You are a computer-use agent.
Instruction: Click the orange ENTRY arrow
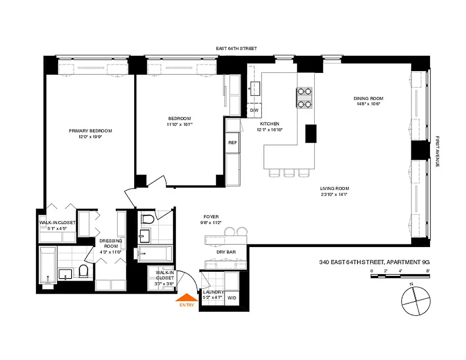pos(186,297)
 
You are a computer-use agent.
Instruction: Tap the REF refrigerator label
pos(232,143)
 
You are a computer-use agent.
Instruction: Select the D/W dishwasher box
pos(254,110)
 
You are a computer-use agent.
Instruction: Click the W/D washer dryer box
pos(231,298)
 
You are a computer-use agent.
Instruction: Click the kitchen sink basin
pos(256,88)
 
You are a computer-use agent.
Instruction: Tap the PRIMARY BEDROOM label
pos(90,131)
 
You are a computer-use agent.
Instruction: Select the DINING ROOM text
pos(368,99)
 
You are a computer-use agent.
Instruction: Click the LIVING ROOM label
pos(335,189)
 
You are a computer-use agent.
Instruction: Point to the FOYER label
pos(211,217)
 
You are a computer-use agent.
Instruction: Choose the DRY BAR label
pos(226,252)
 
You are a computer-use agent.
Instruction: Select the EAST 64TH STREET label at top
pos(236,49)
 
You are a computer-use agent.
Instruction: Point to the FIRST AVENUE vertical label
pos(436,152)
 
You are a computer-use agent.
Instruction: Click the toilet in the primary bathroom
pos(83,271)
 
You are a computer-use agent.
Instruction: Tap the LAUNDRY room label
pos(213,292)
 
